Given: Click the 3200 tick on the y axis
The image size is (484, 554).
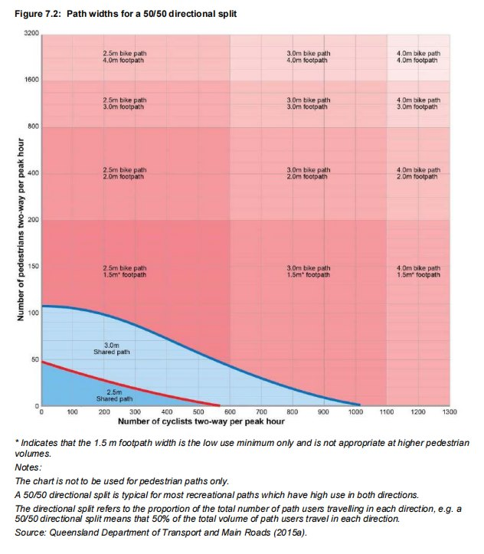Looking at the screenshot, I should point(30,34).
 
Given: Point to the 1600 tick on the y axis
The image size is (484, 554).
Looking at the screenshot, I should point(30,80).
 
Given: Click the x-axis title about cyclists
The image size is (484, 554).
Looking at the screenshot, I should point(201,421).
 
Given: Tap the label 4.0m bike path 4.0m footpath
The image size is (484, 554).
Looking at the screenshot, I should point(417,56).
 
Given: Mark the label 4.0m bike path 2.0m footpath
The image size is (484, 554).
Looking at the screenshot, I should point(417,173).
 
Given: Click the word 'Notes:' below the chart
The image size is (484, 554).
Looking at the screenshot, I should point(31,467).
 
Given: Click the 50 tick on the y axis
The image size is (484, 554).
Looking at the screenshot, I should point(34,359).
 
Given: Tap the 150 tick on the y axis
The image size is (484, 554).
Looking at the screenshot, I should point(31,267).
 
